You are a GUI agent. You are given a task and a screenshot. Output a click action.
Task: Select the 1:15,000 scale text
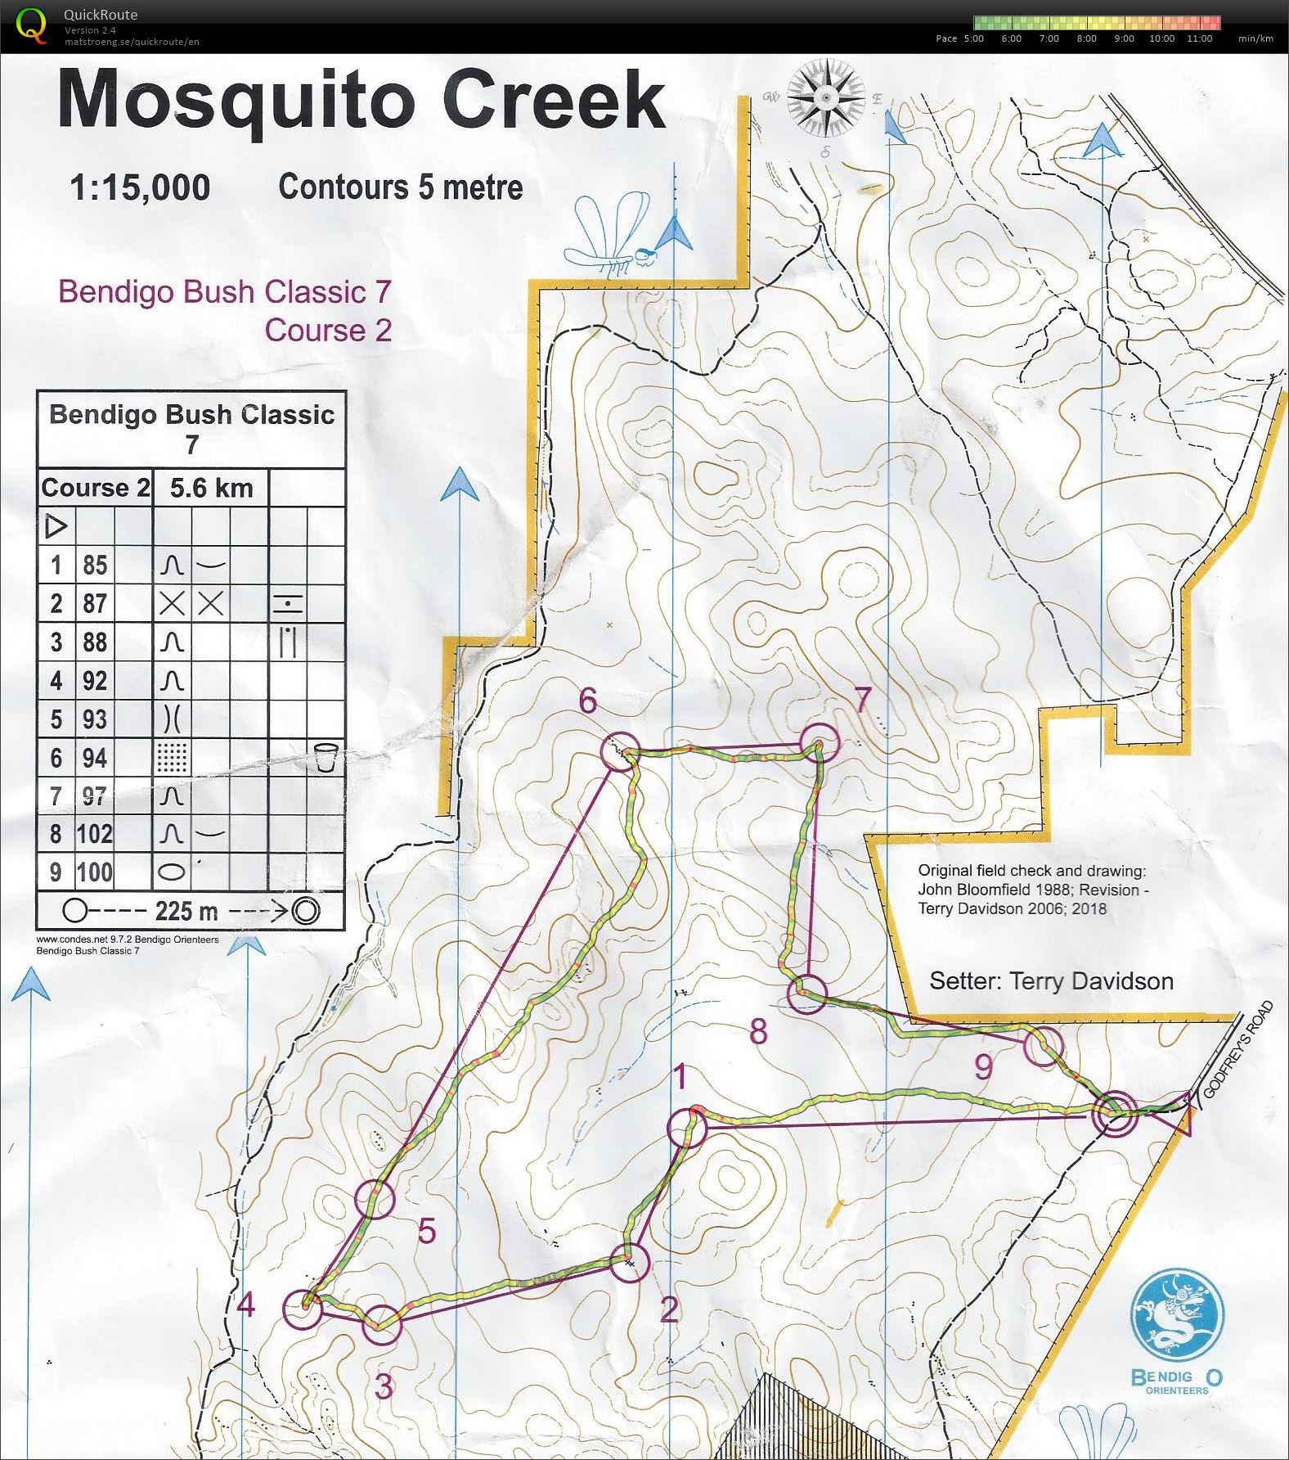tap(140, 188)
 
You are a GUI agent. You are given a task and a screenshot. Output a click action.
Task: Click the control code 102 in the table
tap(94, 834)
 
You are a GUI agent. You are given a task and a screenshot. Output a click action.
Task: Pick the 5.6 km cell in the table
tap(211, 489)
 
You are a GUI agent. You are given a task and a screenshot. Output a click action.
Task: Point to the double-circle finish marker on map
tap(1115, 1113)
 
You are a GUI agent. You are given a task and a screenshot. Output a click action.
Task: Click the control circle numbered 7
tap(820, 743)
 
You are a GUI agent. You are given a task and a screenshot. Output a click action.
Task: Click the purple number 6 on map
tap(588, 701)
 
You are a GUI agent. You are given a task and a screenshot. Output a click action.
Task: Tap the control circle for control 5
tap(376, 1198)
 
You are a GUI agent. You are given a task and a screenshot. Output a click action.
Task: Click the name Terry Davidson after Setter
tap(1091, 981)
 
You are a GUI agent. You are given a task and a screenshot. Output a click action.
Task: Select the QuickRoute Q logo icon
tap(31, 25)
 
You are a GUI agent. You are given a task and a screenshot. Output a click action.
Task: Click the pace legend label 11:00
tap(1198, 38)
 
